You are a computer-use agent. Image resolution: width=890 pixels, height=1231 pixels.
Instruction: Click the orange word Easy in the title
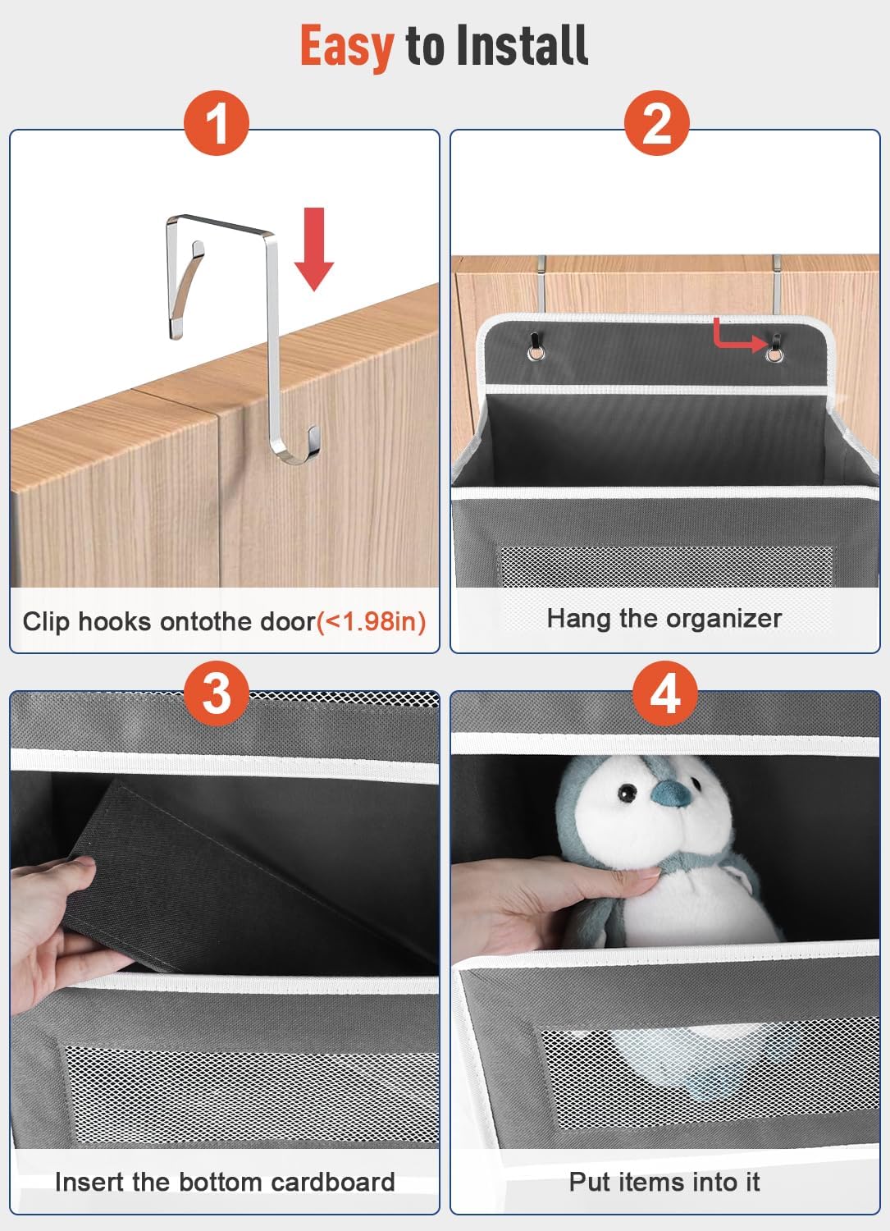click(x=347, y=48)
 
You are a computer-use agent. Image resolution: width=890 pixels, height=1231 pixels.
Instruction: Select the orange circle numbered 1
click(x=216, y=123)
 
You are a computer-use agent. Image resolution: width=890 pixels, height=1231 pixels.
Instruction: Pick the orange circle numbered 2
click(x=656, y=123)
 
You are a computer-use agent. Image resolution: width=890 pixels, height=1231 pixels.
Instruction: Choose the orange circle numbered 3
click(x=216, y=693)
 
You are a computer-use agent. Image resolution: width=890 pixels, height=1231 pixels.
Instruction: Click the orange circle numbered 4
click(x=664, y=693)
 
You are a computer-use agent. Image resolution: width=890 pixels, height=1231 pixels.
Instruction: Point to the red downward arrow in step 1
click(x=314, y=249)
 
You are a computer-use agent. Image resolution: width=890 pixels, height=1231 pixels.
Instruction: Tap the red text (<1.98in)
click(x=372, y=622)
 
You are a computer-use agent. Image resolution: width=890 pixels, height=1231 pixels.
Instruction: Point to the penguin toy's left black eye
click(x=625, y=793)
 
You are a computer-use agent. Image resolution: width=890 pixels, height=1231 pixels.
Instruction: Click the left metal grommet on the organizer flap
click(x=536, y=352)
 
